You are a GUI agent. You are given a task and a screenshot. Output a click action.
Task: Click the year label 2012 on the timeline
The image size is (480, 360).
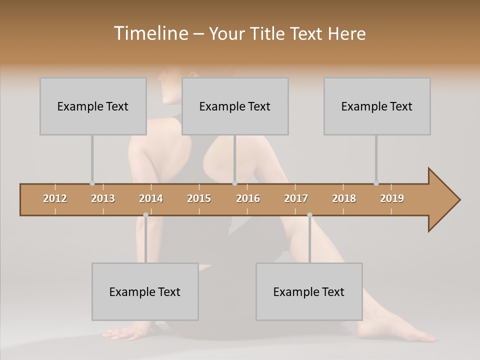pyautogui.click(x=55, y=198)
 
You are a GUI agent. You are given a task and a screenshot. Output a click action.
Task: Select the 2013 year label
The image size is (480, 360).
pyautogui.click(x=103, y=198)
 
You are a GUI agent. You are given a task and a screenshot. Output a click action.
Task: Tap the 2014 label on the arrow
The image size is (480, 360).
pyautogui.click(x=151, y=198)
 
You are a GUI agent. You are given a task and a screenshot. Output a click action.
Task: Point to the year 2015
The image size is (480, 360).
pyautogui.click(x=199, y=198)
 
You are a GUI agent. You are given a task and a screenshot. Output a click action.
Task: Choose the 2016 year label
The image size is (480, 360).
pyautogui.click(x=248, y=198)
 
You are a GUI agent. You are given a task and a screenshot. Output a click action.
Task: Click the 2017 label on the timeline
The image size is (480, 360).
pyautogui.click(x=296, y=198)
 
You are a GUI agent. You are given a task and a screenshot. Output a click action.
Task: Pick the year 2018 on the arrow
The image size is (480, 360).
pyautogui.click(x=344, y=198)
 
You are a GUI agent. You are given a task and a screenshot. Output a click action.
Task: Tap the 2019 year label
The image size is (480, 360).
pyautogui.click(x=392, y=198)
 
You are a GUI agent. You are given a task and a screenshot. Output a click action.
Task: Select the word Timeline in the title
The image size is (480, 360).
pyautogui.click(x=149, y=33)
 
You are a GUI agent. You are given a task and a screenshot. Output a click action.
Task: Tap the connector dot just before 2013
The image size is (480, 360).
pyautogui.click(x=92, y=183)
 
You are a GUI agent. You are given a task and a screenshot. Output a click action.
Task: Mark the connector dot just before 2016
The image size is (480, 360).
pyautogui.click(x=234, y=183)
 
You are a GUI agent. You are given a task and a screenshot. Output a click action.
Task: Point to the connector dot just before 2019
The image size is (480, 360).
pyautogui.click(x=376, y=183)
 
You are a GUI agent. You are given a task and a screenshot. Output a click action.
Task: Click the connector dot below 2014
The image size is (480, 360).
pyautogui.click(x=145, y=215)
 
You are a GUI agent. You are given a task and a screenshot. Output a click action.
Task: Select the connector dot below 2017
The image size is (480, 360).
pyautogui.click(x=309, y=215)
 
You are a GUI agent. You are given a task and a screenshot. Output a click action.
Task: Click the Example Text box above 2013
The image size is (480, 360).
pyautogui.click(x=93, y=106)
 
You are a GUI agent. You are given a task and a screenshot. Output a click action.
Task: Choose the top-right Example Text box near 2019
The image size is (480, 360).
pyautogui.click(x=377, y=106)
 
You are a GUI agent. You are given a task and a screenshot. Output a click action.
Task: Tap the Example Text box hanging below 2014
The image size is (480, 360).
pyautogui.click(x=145, y=291)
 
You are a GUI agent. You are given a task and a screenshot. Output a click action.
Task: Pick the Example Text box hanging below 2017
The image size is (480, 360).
pyautogui.click(x=309, y=291)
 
